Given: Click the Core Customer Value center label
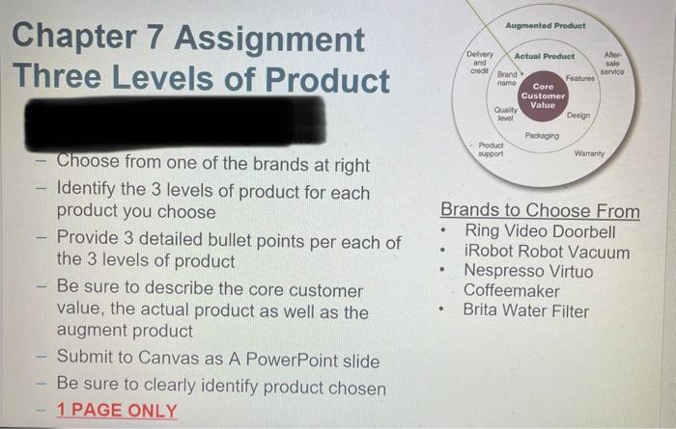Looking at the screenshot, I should (x=543, y=95).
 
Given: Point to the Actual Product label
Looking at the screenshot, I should (x=544, y=57).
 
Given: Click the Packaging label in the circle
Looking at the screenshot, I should (x=542, y=136).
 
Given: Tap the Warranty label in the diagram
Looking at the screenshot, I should (x=589, y=154).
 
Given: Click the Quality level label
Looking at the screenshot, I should (x=504, y=114).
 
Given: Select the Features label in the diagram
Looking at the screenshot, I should (x=580, y=77).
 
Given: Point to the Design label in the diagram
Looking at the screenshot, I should (x=578, y=115).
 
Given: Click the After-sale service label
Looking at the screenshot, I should (x=611, y=64).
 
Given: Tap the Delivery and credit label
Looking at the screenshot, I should (x=479, y=64).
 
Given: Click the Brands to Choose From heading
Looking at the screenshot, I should (x=540, y=210).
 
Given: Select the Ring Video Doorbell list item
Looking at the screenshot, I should (x=539, y=232).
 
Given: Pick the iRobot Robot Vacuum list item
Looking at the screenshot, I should (x=547, y=253).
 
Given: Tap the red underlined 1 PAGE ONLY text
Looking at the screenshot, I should (x=117, y=411).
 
